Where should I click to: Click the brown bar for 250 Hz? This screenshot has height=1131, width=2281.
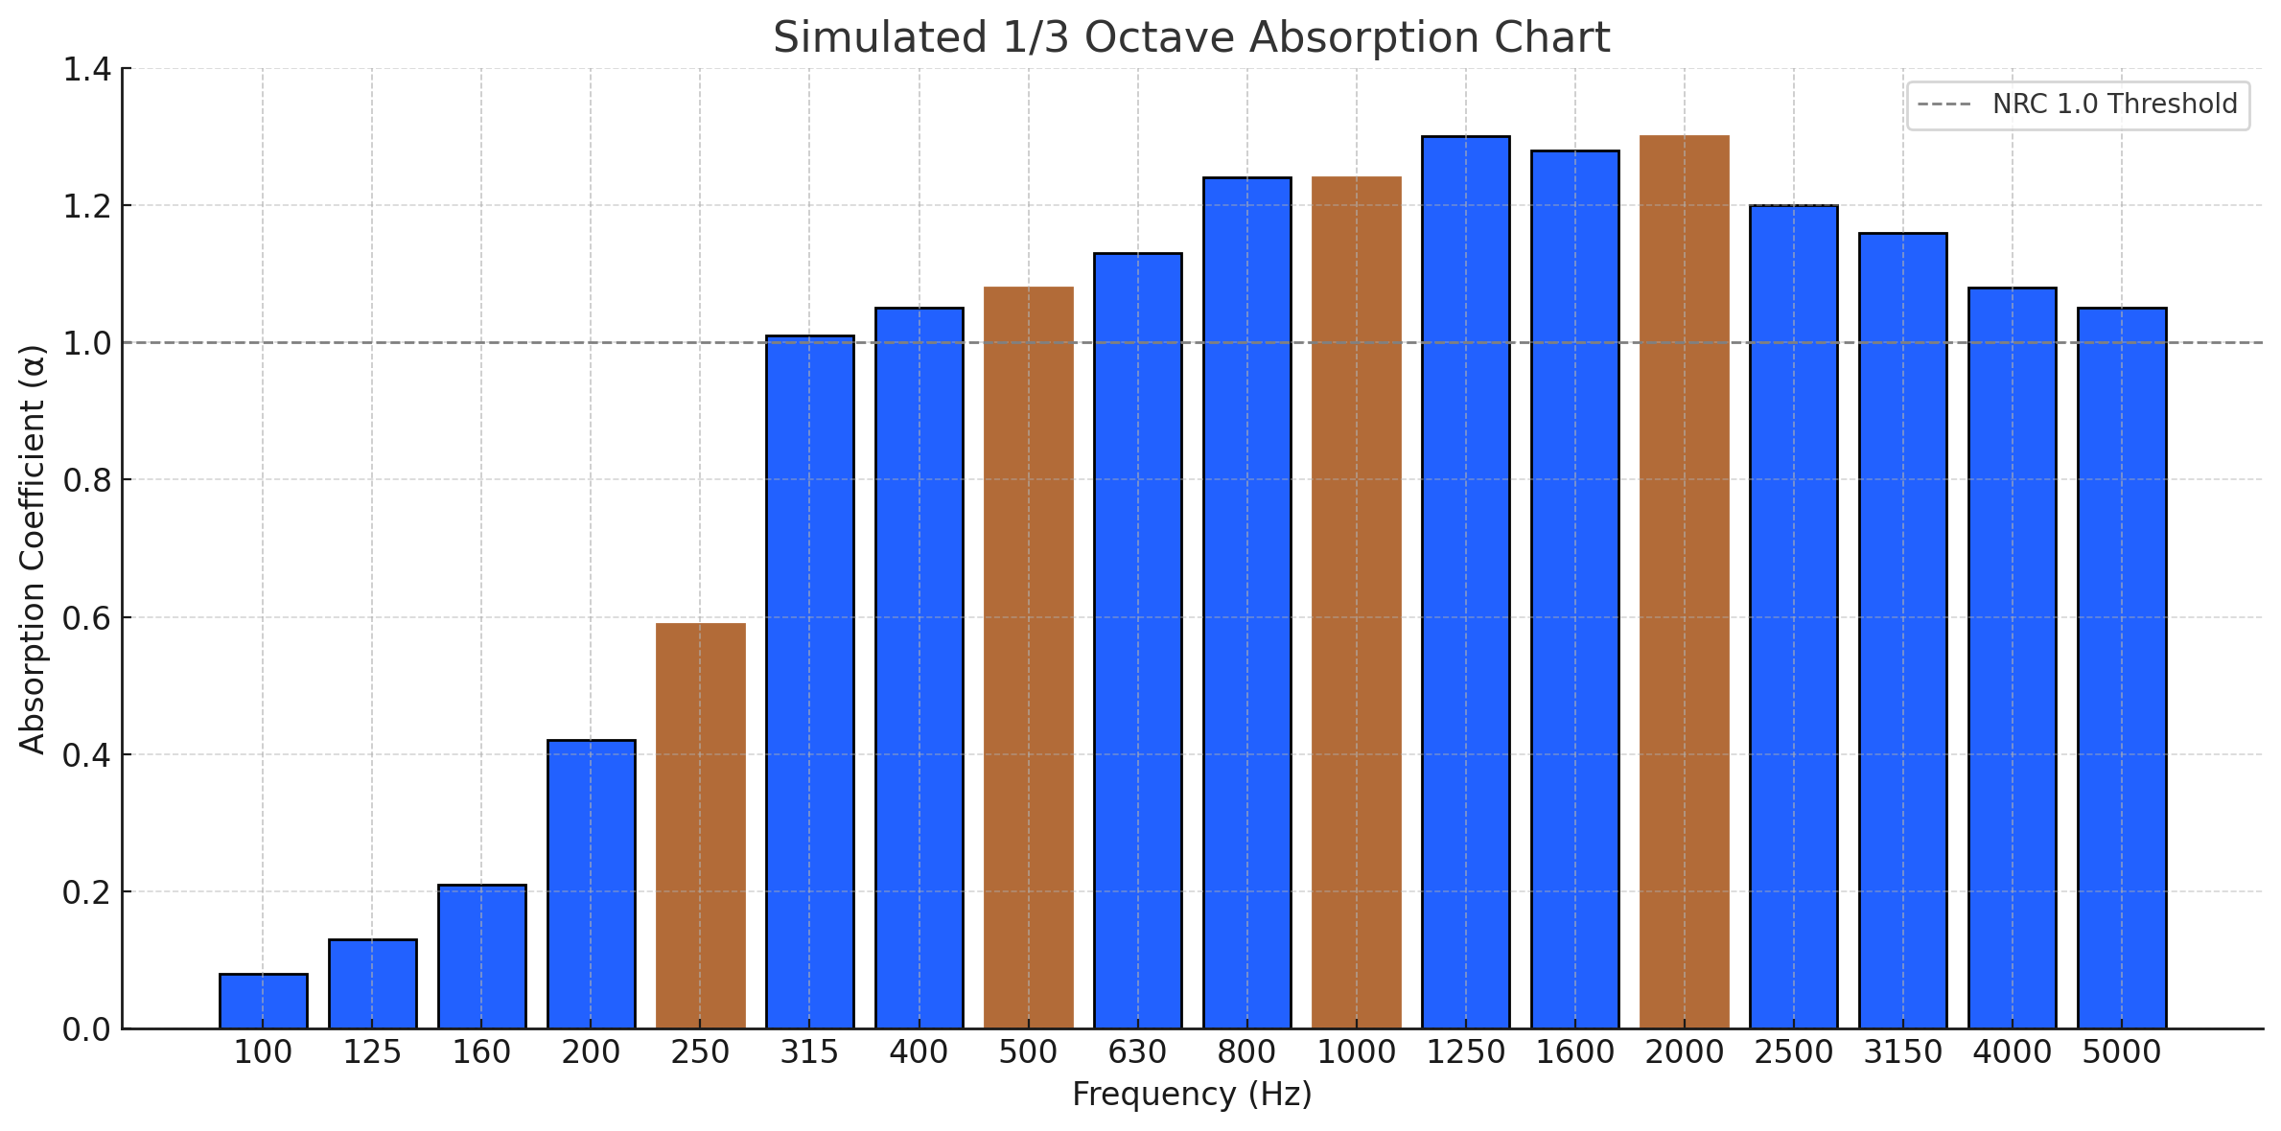pyautogui.click(x=700, y=826)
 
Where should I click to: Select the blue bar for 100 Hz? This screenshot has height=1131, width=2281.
pyautogui.click(x=263, y=1002)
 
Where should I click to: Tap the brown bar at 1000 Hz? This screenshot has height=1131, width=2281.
pyautogui.click(x=1356, y=604)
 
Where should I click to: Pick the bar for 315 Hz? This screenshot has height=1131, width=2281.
pyautogui.click(x=809, y=682)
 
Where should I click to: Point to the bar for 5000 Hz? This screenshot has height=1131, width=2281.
pyautogui.click(x=2121, y=669)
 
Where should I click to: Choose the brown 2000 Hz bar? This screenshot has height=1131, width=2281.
pyautogui.click(x=1684, y=583)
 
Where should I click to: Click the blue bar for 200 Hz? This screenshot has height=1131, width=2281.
pyautogui.click(x=591, y=884)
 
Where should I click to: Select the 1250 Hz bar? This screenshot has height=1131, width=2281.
pyautogui.click(x=1465, y=583)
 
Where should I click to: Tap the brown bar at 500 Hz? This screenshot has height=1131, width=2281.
pyautogui.click(x=1028, y=658)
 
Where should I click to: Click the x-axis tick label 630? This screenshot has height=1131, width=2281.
pyautogui.click(x=1137, y=1052)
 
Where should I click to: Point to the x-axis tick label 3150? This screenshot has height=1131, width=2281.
pyautogui.click(x=1902, y=1052)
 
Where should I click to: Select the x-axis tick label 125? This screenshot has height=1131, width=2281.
pyautogui.click(x=372, y=1052)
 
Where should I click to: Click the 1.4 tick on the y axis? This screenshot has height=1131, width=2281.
pyautogui.click(x=86, y=70)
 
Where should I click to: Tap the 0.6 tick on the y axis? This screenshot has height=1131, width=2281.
pyautogui.click(x=86, y=618)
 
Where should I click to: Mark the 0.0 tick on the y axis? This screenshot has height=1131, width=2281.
pyautogui.click(x=86, y=1030)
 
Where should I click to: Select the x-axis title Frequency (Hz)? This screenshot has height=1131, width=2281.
pyautogui.click(x=1191, y=1095)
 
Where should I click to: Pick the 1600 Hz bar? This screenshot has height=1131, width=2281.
pyautogui.click(x=1574, y=589)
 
